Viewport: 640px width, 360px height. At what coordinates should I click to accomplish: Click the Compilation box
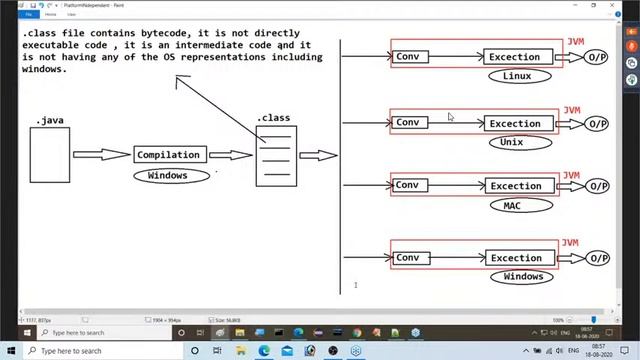(170, 155)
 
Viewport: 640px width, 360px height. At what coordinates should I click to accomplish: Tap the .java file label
(50, 121)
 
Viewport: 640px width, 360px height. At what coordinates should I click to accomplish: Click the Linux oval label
(516, 76)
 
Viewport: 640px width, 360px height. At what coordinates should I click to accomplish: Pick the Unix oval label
(512, 143)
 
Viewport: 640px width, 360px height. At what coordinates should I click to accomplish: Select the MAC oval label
(512, 205)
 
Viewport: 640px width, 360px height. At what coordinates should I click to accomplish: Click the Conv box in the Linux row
(408, 57)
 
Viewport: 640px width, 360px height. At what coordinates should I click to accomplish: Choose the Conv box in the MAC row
(408, 185)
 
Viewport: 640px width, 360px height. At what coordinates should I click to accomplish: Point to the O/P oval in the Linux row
(598, 57)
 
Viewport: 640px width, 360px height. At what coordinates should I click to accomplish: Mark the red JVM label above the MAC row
(571, 175)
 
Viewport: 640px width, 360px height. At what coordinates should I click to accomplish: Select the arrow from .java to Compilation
(102, 155)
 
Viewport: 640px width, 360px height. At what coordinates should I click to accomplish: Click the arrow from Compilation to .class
(231, 155)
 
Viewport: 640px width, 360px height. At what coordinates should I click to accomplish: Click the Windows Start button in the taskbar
(10, 351)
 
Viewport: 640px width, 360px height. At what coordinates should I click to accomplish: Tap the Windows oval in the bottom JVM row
(523, 276)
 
